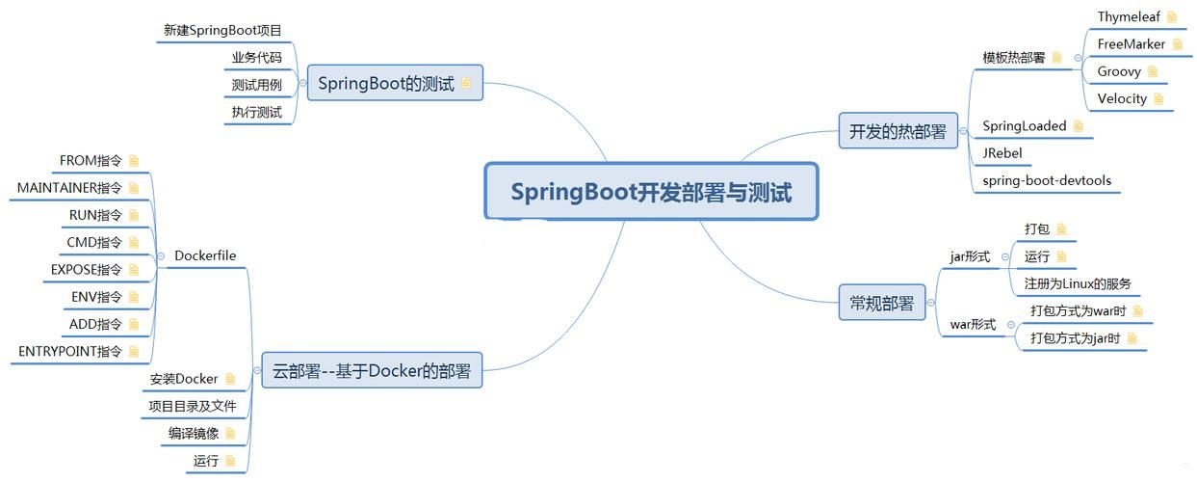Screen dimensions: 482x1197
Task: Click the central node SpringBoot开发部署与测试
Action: tap(651, 192)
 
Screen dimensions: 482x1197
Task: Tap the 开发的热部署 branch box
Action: tap(898, 131)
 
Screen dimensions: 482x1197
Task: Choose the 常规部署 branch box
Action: tap(881, 303)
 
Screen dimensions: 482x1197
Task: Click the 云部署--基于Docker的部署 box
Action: tap(372, 371)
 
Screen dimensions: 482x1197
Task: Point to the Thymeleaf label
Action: tap(1129, 16)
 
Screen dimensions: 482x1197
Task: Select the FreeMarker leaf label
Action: tap(1131, 43)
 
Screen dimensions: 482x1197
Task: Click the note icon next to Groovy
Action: tap(1153, 71)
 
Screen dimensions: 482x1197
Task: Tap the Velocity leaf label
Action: tap(1122, 98)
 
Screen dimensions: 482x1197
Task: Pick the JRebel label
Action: tap(1002, 152)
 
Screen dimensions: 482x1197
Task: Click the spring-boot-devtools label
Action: tap(1046, 180)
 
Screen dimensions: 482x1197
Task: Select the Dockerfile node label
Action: tap(204, 255)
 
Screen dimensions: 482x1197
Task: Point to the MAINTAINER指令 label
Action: tap(69, 187)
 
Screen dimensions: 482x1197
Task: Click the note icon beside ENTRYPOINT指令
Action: tap(134, 352)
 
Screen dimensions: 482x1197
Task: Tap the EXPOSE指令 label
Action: tap(87, 269)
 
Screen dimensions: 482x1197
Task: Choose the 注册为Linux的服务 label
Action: tap(1077, 283)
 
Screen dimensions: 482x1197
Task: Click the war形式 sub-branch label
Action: tap(973, 325)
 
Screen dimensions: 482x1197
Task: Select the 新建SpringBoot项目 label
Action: tap(222, 30)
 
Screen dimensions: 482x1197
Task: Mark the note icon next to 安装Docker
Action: tap(230, 379)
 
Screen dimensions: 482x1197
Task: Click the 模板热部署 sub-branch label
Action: tap(1013, 58)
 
